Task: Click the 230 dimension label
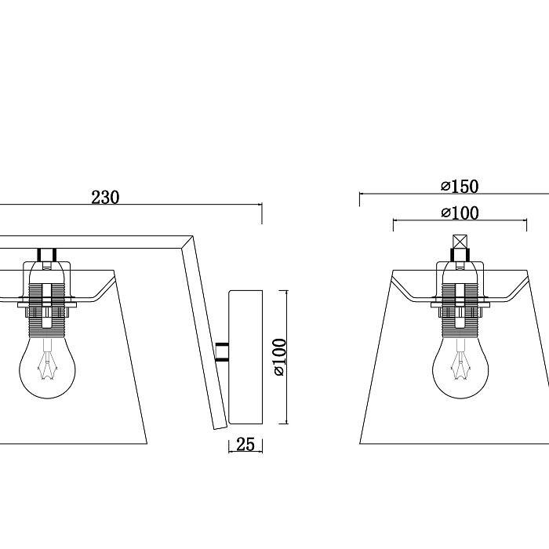coord(105,197)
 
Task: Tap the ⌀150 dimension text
coord(460,187)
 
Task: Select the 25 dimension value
coord(245,445)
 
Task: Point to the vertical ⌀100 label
coord(280,357)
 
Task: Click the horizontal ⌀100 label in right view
coord(460,213)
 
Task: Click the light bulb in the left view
coord(47,368)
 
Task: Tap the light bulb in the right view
coord(460,368)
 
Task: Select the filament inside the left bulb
coord(47,364)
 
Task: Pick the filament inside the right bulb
coord(460,364)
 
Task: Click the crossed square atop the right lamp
coord(460,242)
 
